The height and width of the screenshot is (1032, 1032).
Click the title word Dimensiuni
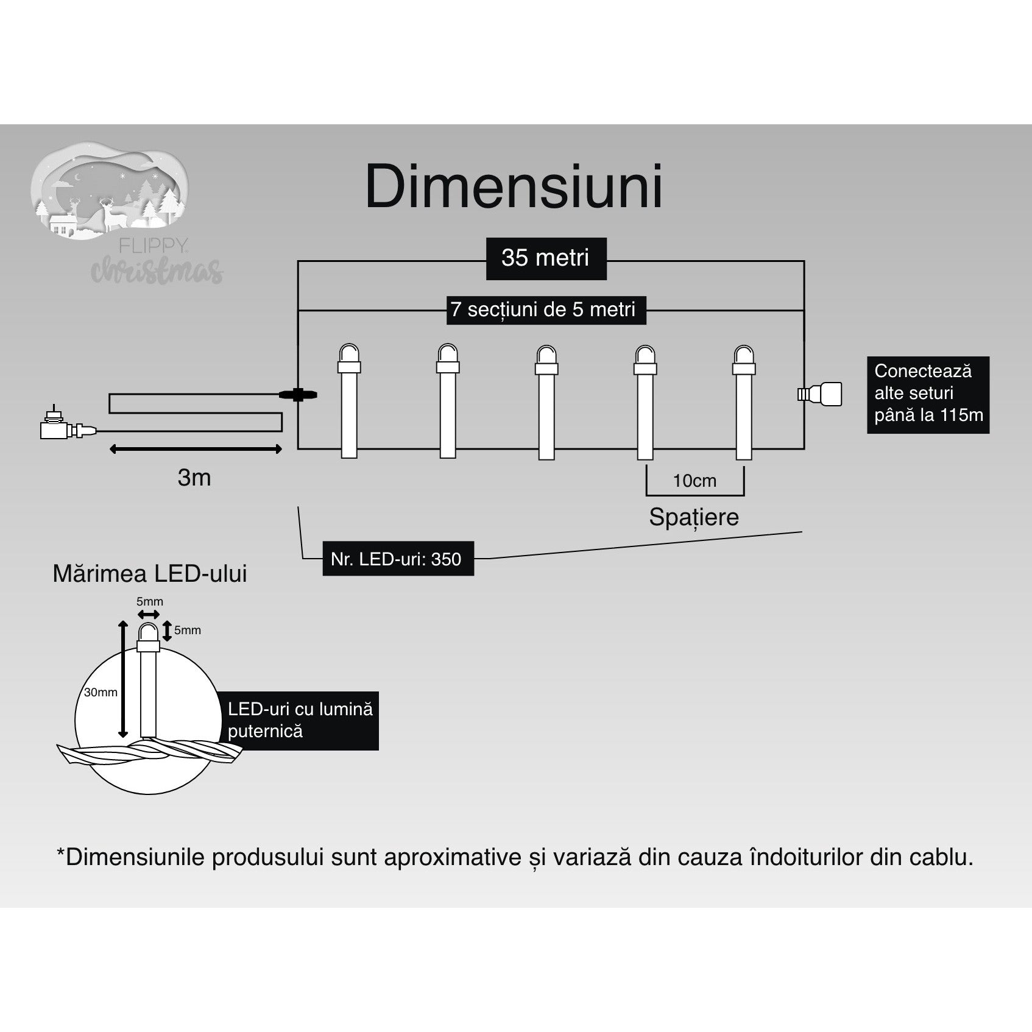514,187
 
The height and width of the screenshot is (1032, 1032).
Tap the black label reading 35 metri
546,258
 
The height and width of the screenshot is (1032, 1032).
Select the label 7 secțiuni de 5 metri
543,309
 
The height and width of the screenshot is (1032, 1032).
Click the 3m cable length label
194,478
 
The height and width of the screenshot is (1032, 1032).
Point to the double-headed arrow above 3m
196,449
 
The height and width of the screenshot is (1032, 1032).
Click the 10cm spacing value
694,481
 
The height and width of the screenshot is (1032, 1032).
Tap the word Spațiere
693,517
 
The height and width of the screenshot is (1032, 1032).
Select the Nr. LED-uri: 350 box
397,559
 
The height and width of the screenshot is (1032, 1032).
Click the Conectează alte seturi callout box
928,394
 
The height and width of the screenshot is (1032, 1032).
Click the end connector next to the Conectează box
820,394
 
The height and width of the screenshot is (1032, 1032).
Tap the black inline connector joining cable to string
298,395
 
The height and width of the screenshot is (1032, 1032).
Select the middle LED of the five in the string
546,401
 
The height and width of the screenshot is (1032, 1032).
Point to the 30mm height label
101,692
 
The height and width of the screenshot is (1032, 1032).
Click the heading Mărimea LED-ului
150,574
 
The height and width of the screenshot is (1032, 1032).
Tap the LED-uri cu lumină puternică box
299,720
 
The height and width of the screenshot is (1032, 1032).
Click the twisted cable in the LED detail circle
149,754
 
